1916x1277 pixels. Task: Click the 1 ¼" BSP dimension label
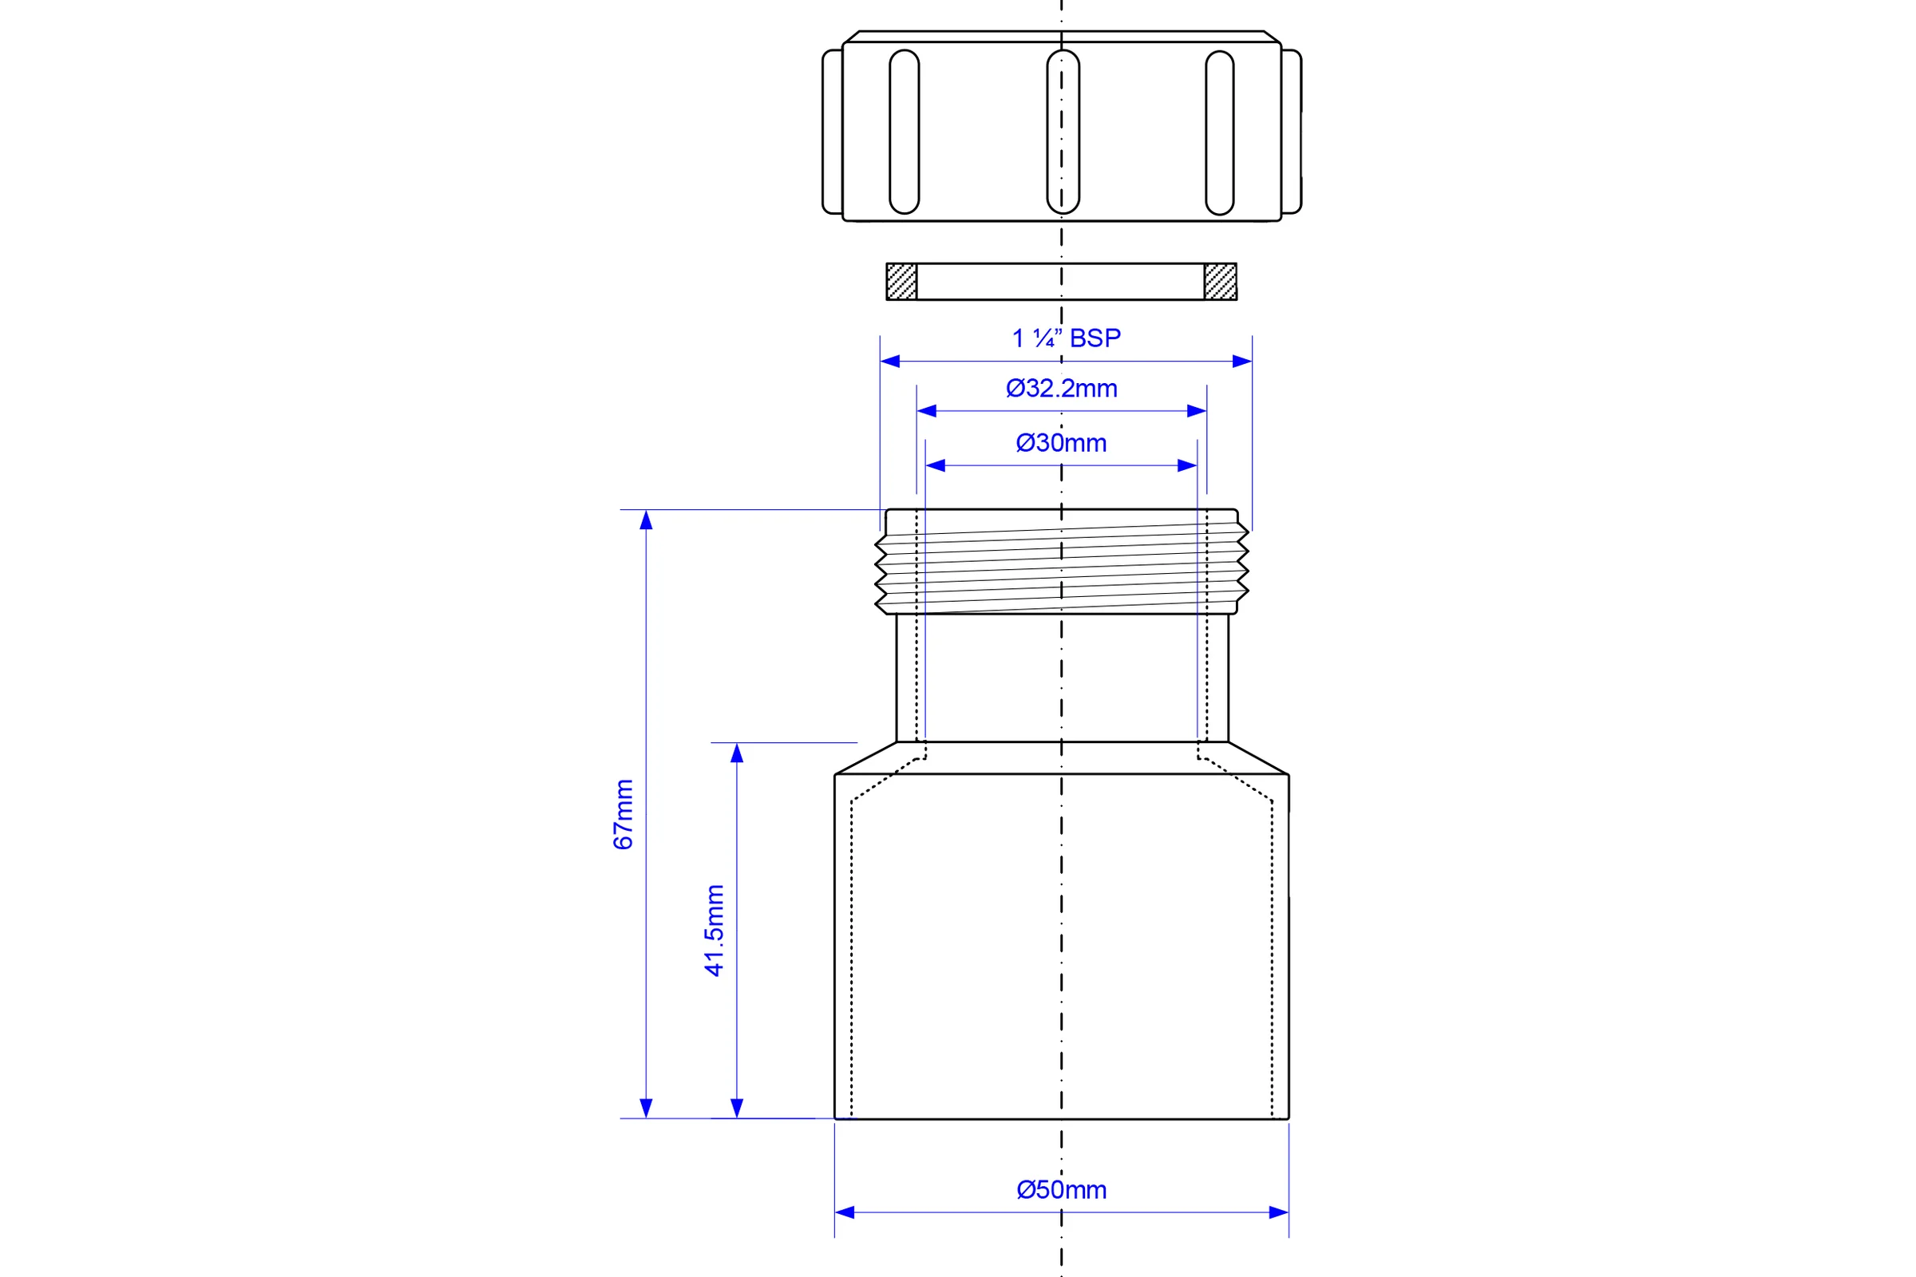[1066, 338]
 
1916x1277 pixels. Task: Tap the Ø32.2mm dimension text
[1062, 389]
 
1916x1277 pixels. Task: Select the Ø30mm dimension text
[1062, 443]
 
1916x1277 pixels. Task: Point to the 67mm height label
[623, 814]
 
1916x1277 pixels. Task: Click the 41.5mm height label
[714, 930]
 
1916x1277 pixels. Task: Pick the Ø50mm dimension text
[1062, 1190]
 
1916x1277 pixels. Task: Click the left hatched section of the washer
[902, 282]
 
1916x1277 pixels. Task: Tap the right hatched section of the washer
[1221, 282]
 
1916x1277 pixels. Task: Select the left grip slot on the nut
[905, 132]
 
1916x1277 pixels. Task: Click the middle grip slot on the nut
[1063, 132]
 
